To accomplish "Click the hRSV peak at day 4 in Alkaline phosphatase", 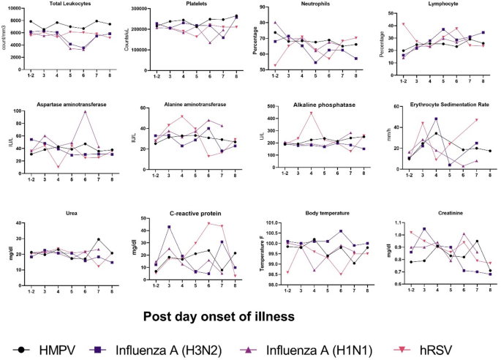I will (310, 113).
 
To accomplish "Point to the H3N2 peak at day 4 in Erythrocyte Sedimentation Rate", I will (436, 119).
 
